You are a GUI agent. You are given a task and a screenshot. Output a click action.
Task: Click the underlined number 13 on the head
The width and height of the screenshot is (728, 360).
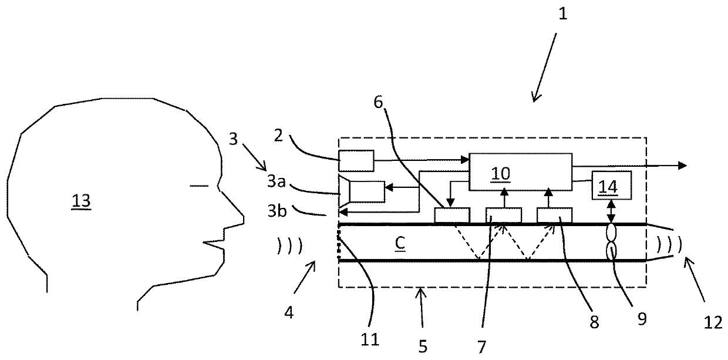[x=81, y=201]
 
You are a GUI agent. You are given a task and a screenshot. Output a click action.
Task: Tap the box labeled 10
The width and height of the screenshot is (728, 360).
[x=520, y=171]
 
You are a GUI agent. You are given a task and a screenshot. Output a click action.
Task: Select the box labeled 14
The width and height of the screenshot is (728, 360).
[x=611, y=185]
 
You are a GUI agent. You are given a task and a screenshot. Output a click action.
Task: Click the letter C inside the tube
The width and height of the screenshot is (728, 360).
[x=400, y=243]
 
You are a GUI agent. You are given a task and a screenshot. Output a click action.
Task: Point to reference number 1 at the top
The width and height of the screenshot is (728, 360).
[x=563, y=14]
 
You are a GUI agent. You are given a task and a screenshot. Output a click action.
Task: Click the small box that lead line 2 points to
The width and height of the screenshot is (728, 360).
[x=356, y=161]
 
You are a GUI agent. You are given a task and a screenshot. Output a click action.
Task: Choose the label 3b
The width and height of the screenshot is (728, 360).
[x=277, y=211]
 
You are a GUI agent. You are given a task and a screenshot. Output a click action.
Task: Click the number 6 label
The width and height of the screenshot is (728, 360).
[x=378, y=102]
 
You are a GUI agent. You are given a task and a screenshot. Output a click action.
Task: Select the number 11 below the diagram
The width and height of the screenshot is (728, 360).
[x=370, y=340]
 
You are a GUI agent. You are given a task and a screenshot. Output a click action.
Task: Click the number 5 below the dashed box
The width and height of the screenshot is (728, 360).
[x=423, y=346]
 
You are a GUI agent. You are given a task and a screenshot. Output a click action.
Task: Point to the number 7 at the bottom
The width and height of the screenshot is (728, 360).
[x=481, y=346]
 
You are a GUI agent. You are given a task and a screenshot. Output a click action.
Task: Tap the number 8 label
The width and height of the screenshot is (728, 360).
[x=594, y=322]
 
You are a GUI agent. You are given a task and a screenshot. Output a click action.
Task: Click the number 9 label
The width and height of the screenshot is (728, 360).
[x=642, y=319]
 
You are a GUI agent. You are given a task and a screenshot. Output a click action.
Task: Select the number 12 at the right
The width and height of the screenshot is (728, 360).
[x=713, y=323]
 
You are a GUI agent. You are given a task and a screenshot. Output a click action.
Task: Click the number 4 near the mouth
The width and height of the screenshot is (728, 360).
[x=289, y=313]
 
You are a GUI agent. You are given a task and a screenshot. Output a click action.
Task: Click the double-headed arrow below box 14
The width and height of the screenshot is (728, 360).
[x=611, y=211]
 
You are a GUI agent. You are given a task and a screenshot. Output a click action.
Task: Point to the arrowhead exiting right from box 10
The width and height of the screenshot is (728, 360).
[x=682, y=166]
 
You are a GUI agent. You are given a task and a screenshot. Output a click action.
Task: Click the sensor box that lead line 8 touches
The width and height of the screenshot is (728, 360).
[x=554, y=215]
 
